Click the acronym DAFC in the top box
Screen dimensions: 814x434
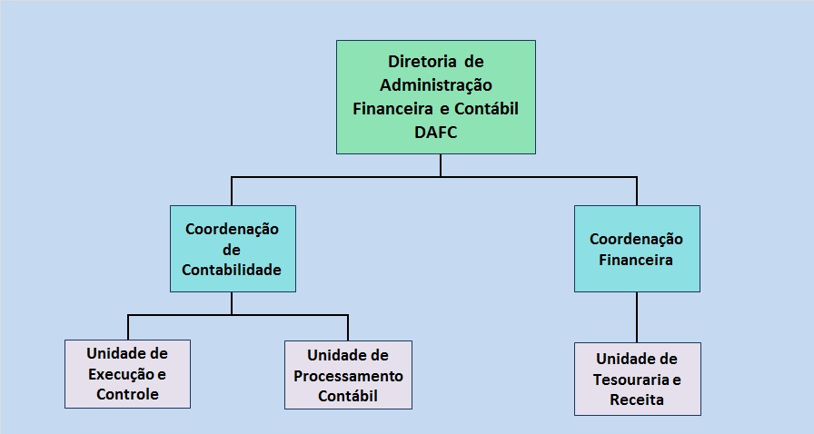[x=435, y=132]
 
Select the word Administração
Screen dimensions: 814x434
[x=435, y=85]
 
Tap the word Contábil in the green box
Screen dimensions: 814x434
[x=486, y=109]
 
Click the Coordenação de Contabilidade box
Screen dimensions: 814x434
[x=233, y=249]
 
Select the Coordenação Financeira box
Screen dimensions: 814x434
[x=637, y=249]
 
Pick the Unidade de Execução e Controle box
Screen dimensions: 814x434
[x=128, y=374]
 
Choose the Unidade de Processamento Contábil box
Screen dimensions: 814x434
[x=348, y=375]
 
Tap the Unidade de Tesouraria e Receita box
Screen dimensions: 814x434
[x=638, y=379]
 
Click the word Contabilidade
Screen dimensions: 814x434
[x=232, y=270]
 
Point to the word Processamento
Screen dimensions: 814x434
[x=348, y=376]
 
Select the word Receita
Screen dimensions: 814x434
[x=637, y=399]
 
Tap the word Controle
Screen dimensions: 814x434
[x=128, y=394]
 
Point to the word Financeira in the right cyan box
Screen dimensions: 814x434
[x=636, y=260]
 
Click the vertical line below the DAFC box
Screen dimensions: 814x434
[x=441, y=165]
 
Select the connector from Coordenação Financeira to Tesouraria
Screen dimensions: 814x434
[x=637, y=317]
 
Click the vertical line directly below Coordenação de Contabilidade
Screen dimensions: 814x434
[x=232, y=303]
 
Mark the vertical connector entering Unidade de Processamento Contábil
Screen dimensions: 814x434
[x=348, y=328]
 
